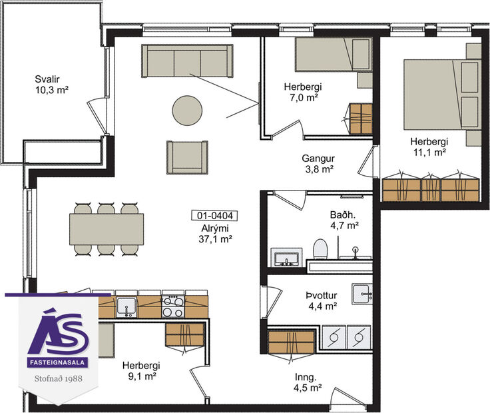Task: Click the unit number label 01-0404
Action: point(214,215)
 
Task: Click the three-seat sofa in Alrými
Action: point(187,61)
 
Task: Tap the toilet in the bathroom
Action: point(320,250)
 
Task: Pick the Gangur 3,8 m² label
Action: point(318,164)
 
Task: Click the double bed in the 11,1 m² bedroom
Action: point(441,94)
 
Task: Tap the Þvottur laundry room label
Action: point(321,300)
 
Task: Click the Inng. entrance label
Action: point(308,381)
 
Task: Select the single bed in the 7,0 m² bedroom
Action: point(332,55)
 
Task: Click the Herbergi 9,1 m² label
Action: point(141,371)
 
